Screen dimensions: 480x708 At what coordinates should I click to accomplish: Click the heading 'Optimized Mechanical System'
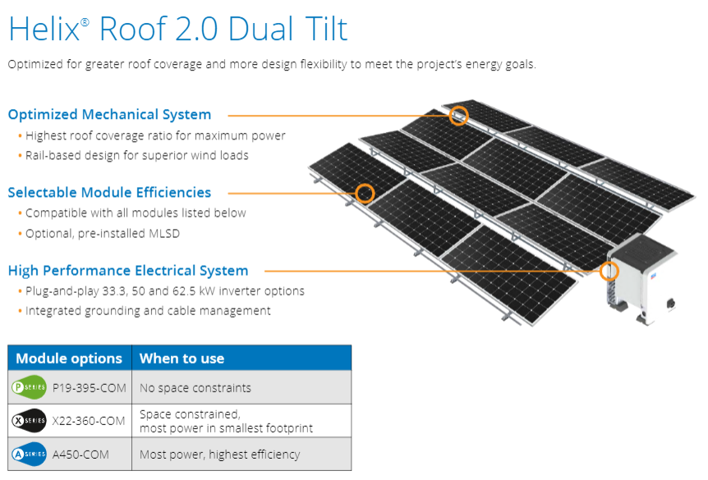[109, 115]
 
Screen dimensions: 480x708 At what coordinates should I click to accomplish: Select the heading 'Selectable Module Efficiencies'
[109, 193]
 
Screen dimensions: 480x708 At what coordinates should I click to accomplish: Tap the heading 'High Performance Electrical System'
[127, 271]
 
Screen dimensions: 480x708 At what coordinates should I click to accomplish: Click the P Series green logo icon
[28, 387]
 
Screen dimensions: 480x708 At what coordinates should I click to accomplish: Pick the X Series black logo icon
[28, 421]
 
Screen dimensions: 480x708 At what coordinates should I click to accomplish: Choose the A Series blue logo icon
[28, 454]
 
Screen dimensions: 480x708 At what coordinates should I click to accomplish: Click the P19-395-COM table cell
[88, 387]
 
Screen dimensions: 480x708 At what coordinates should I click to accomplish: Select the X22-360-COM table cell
[88, 421]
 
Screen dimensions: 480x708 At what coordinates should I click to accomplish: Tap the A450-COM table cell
[79, 454]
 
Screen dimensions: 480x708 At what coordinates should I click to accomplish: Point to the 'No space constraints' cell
[195, 387]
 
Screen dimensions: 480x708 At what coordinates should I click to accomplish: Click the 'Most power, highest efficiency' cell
[219, 454]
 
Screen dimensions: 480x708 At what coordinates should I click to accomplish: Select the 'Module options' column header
[69, 359]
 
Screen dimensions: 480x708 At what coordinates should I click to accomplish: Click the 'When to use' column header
[182, 359]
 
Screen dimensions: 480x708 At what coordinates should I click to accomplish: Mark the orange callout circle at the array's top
[459, 115]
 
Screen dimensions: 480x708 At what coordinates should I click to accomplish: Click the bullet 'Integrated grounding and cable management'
[148, 312]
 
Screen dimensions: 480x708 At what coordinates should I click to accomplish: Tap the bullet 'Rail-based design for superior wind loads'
[137, 156]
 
